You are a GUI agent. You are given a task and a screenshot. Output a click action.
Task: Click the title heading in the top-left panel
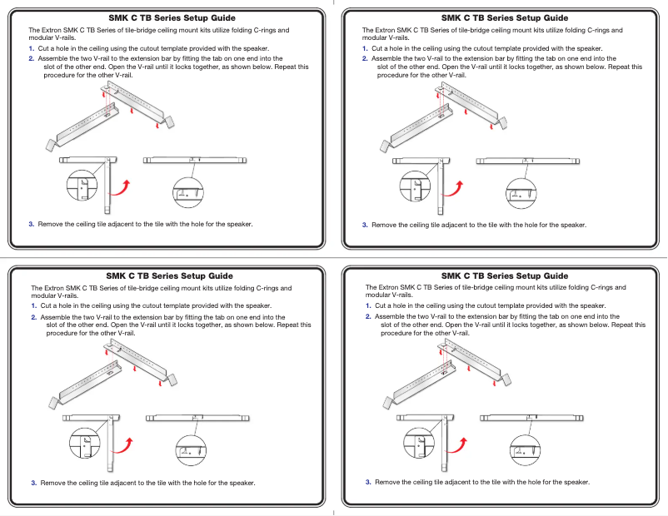tap(172, 17)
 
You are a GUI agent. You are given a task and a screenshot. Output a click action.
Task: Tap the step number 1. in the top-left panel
tap(32, 49)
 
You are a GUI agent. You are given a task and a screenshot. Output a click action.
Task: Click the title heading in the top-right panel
tap(505, 17)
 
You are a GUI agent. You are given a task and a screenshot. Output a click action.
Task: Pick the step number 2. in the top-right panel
tap(365, 59)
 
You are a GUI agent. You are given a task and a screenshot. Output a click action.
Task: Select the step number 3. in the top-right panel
tap(365, 225)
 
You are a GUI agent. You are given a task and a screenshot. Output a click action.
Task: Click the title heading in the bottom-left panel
tap(170, 275)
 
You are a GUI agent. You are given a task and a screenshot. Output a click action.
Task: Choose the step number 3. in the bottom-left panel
tap(34, 483)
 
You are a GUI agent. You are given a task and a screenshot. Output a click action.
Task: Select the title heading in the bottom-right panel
tap(505, 275)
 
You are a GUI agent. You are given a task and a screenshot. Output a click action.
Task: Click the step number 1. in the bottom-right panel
tap(368, 306)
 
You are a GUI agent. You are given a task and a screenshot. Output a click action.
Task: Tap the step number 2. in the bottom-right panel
tap(368, 317)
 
